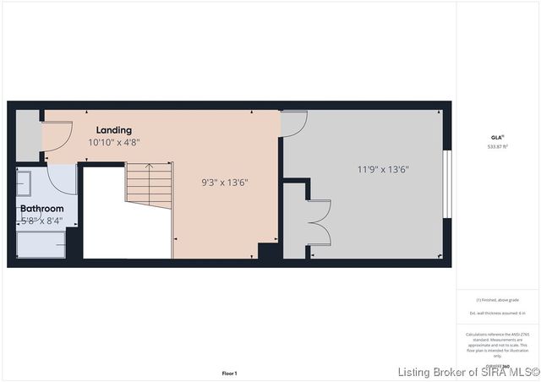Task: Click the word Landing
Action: (x=113, y=130)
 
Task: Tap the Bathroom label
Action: (x=42, y=208)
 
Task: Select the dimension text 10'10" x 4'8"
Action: (x=114, y=143)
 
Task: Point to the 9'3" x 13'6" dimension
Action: (x=224, y=182)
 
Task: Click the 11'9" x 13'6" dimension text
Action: (x=383, y=169)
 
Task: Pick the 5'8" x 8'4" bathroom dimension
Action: (x=42, y=221)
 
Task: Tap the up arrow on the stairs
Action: (x=149, y=169)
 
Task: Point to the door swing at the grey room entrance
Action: (x=293, y=123)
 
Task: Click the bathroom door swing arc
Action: (x=61, y=177)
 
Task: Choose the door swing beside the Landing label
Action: (x=56, y=135)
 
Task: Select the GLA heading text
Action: (x=497, y=136)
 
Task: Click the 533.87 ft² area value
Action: (x=497, y=145)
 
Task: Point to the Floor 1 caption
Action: (x=229, y=373)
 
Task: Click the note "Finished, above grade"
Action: (x=497, y=300)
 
